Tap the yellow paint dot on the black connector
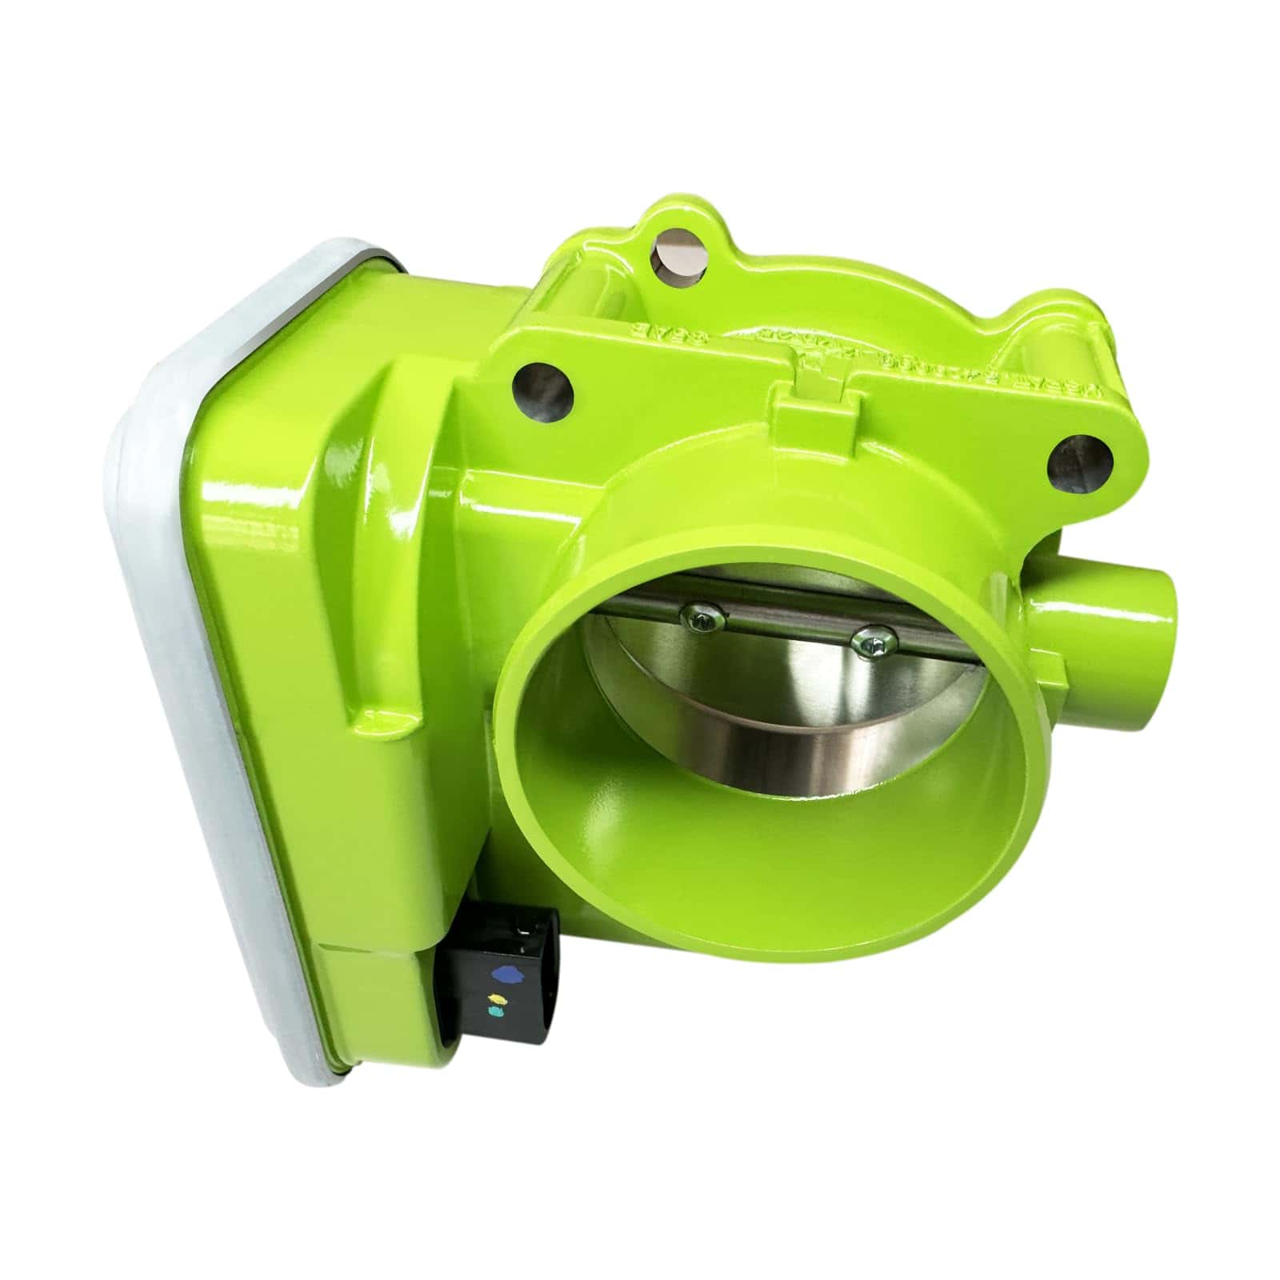[497, 999]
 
